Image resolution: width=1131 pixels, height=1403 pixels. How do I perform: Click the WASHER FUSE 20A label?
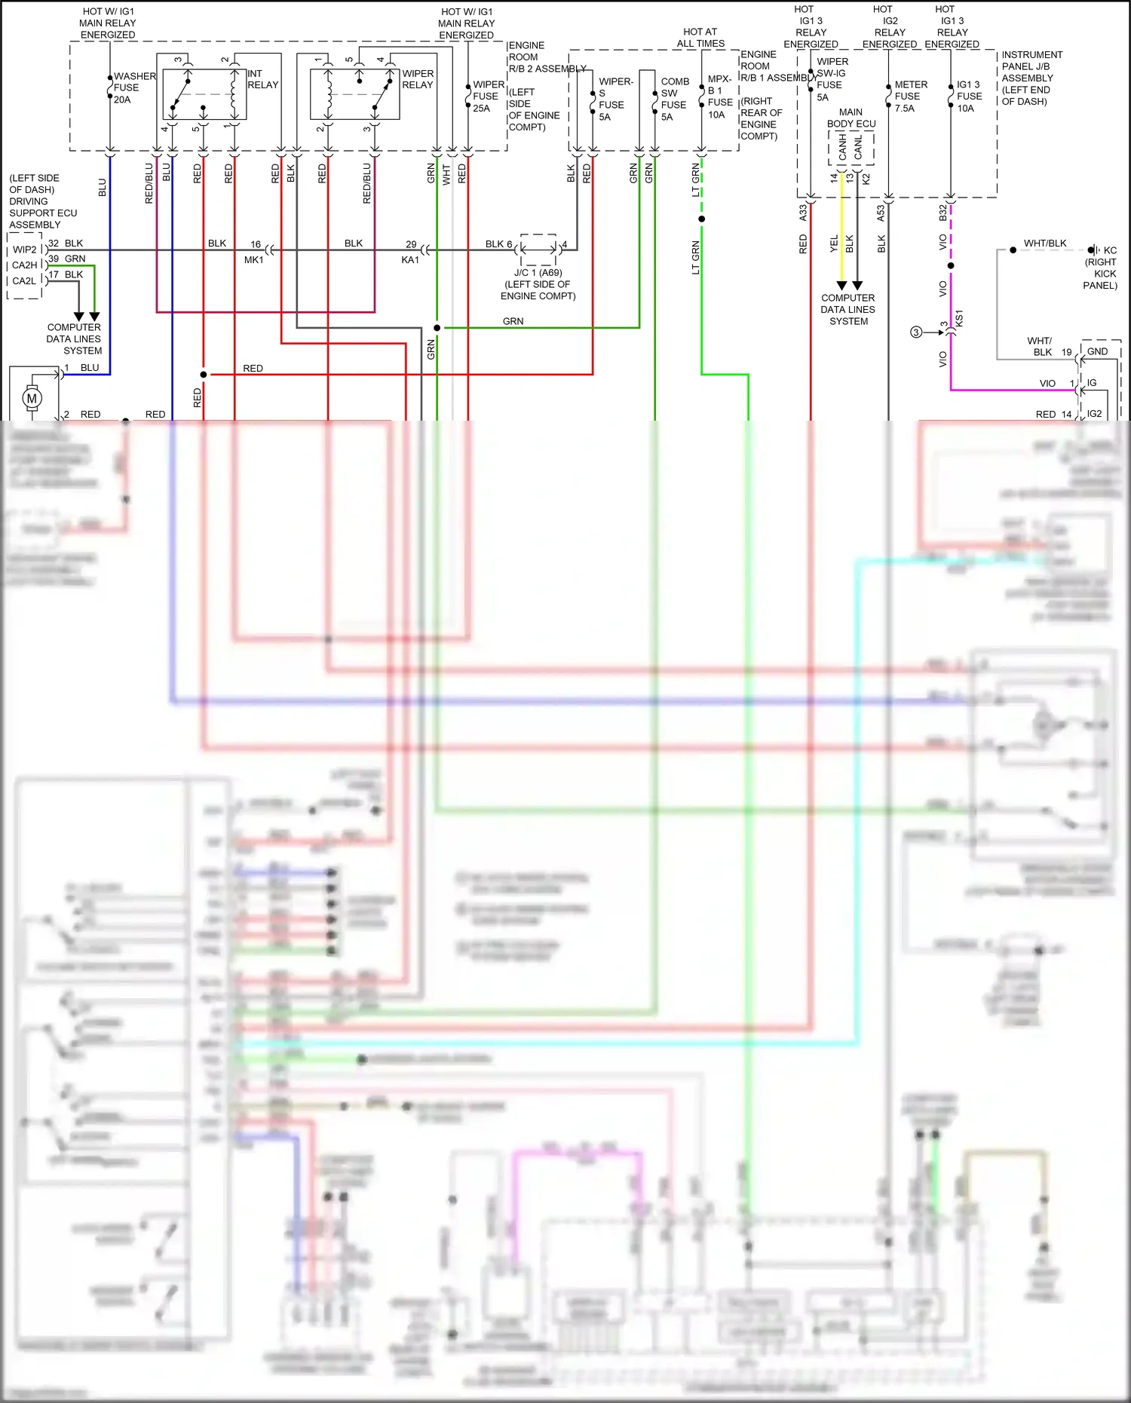pos(133,88)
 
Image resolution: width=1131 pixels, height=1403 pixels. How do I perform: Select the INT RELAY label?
pos(262,79)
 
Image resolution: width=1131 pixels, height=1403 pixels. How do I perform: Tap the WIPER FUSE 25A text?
pos(487,96)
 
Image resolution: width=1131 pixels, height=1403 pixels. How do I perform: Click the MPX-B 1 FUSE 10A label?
pos(719,96)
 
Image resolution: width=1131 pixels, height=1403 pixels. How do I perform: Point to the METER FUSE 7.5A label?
pos(910,96)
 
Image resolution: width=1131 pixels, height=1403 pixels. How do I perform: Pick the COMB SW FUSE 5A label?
pos(674,99)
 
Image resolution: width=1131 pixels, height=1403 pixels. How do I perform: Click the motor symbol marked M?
pos(32,398)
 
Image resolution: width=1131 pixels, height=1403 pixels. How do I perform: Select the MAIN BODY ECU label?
pos(851,118)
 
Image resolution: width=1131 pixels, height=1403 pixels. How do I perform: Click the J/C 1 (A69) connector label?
pos(538,273)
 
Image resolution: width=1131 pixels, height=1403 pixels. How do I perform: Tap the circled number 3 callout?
pos(916,332)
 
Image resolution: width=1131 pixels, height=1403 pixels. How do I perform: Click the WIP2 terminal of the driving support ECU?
pos(24,250)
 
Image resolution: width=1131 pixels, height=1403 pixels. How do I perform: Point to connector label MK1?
pos(253,260)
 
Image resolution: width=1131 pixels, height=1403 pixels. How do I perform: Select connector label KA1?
pos(409,260)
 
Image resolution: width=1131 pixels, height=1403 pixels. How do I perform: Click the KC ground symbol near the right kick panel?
pos(1093,250)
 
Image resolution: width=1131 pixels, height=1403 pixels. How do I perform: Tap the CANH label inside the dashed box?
pos(842,148)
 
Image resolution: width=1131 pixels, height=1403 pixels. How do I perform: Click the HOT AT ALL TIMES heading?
pos(700,38)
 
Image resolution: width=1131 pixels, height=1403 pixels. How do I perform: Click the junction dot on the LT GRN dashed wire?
pos(702,219)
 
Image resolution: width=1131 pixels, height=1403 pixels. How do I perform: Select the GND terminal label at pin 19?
pos(1097,351)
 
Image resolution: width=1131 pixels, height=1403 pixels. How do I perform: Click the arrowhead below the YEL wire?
pos(841,286)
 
